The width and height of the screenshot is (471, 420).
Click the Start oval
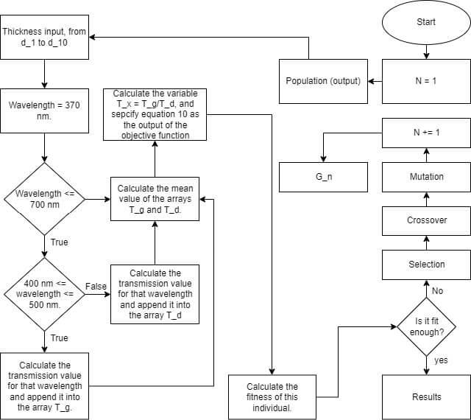tap(425, 22)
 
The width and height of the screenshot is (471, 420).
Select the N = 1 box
tap(425, 80)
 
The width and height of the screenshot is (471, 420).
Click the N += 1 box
tap(425, 133)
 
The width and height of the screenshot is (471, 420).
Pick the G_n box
tap(323, 177)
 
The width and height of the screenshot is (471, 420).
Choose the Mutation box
tap(425, 177)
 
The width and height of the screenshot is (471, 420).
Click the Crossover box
tap(425, 220)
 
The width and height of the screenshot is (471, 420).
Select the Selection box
tap(425, 264)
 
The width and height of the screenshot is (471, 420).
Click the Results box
tap(425, 396)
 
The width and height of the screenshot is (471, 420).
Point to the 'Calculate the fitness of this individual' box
tap(272, 396)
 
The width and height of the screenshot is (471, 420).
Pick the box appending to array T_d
tap(155, 294)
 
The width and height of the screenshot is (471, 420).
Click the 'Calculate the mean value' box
tap(155, 198)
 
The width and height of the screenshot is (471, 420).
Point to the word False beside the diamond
tap(96, 286)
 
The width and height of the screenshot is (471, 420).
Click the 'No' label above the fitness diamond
tap(437, 291)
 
